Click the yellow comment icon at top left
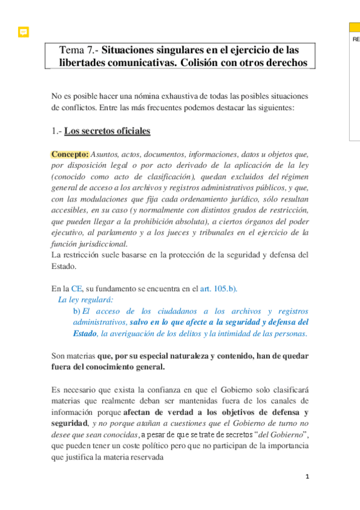23,32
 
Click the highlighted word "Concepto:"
70,153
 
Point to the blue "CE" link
76,288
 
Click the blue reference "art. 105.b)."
218,288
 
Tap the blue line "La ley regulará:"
85,300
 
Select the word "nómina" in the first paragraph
155,96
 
